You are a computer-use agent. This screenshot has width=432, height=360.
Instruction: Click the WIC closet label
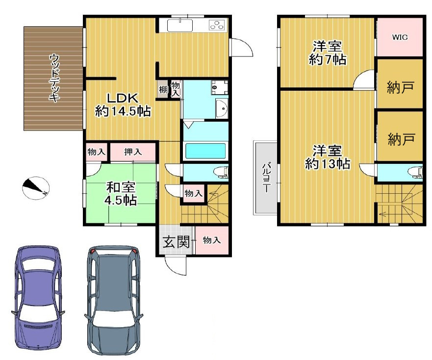coord(400,37)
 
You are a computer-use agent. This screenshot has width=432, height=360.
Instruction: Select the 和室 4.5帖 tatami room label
coord(121,194)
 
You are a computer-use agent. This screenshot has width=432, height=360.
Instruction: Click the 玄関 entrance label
coord(176,242)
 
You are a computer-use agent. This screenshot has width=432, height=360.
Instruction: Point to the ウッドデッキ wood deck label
coord(54,78)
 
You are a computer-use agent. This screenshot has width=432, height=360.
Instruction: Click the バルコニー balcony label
coord(266,177)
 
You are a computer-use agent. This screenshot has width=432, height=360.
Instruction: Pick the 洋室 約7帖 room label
coord(327,52)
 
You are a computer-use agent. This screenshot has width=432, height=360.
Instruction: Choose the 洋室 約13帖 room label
coord(327,157)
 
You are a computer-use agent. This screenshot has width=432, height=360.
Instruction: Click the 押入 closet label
coord(133,152)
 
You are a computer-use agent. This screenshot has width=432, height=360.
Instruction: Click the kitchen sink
coord(180,26)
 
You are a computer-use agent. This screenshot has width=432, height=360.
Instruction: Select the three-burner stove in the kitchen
coord(217,25)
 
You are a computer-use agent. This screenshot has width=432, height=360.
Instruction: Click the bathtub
coord(205,151)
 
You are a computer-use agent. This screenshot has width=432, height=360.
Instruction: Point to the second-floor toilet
coord(415,172)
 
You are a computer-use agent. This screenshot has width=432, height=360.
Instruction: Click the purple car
coord(38,298)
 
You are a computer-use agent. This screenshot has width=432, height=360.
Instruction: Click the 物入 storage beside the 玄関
coord(212,240)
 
